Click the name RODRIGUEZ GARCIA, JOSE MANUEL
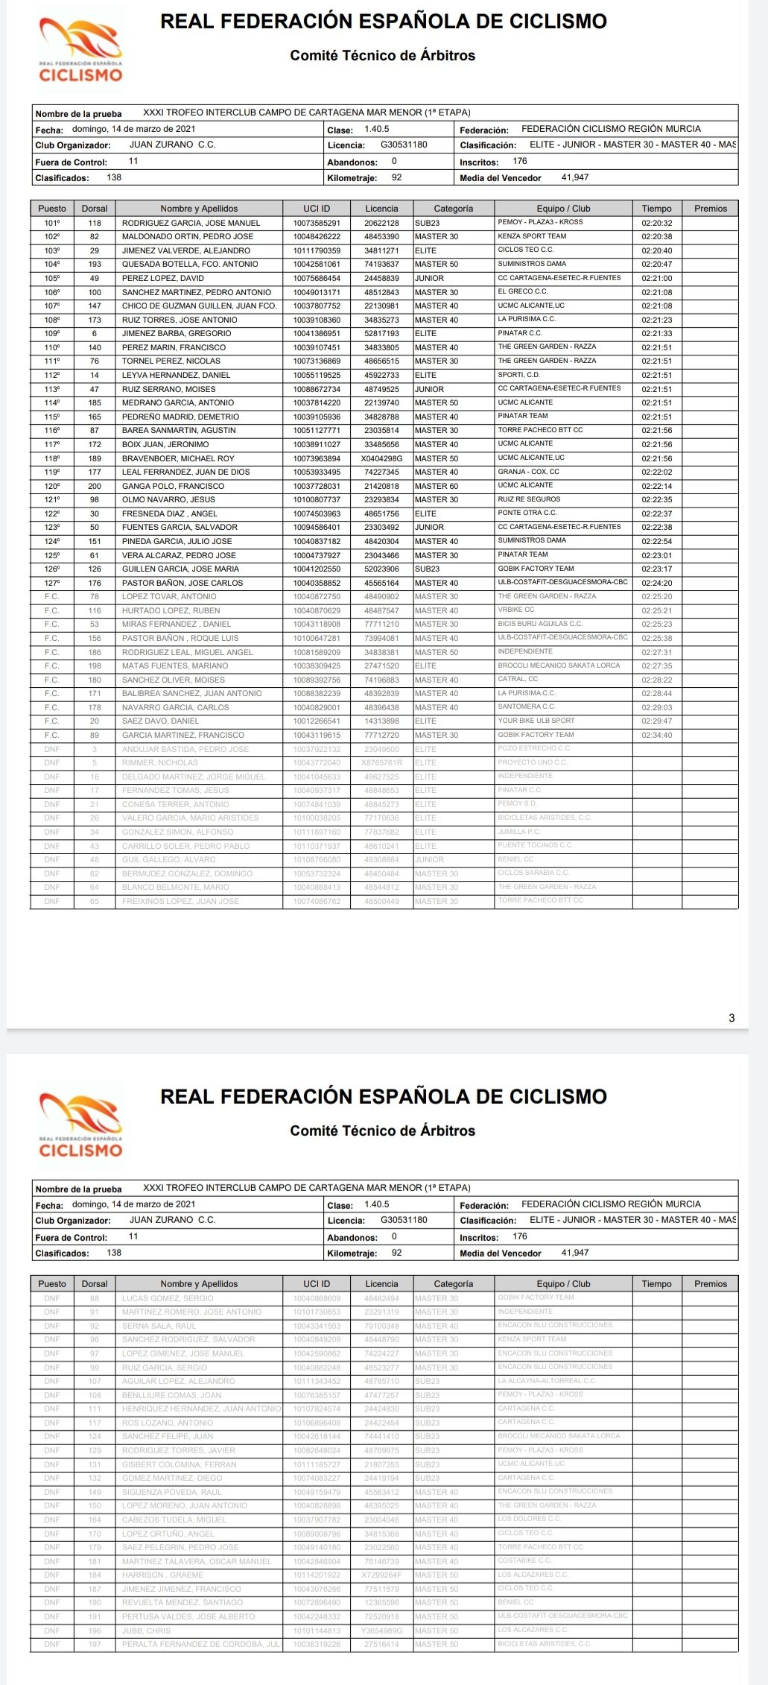coord(191,223)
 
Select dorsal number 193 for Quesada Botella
coord(95,265)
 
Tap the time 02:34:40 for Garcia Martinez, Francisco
coord(656,735)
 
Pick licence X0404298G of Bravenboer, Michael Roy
coord(381,458)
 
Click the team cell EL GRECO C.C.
coord(522,292)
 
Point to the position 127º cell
coord(52,583)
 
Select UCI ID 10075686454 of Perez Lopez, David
coord(317,278)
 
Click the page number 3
coord(731,1017)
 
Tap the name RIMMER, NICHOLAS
coord(160,762)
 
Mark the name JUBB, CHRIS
coord(147,1630)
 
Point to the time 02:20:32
coord(656,223)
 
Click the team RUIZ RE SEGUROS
coord(529,499)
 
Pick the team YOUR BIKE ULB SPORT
coord(536,721)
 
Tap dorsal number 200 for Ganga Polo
coord(95,486)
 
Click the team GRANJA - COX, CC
coord(528,472)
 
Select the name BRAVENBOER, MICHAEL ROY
coord(178,458)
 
